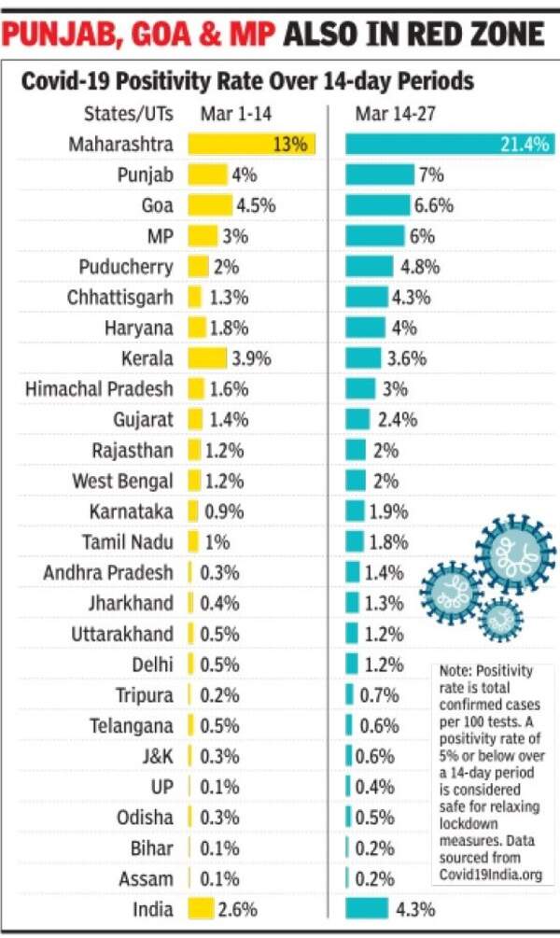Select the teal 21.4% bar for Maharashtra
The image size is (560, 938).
(449, 145)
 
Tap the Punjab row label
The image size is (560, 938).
(145, 175)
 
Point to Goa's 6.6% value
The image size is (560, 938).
(434, 205)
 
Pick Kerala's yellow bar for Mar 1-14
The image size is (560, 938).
(207, 358)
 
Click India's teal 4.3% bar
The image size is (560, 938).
(367, 909)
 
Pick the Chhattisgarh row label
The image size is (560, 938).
(119, 298)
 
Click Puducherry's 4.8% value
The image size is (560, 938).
(420, 266)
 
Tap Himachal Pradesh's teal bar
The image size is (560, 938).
(360, 388)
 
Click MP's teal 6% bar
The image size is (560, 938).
(374, 236)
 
